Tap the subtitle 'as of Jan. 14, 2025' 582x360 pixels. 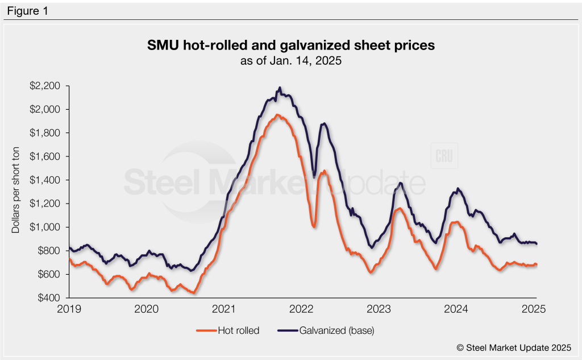click(x=291, y=61)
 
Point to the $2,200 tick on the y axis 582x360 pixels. click(x=48, y=86)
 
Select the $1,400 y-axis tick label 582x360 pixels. click(x=48, y=180)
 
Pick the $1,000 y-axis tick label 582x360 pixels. click(x=48, y=227)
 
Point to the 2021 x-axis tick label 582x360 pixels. click(x=224, y=309)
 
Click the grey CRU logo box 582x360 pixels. click(x=444, y=156)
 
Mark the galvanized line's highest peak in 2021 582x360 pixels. click(x=280, y=88)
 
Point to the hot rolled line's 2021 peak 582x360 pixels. click(x=277, y=115)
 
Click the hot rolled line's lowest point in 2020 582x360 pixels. click(x=194, y=293)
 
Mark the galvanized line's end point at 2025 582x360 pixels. click(x=537, y=244)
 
